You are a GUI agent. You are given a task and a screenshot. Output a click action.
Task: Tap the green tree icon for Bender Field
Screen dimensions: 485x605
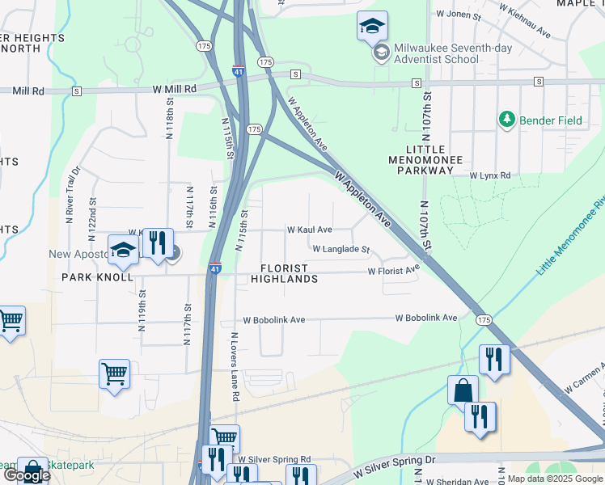click(507, 120)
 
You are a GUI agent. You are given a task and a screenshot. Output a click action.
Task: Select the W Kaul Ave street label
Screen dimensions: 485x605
click(309, 230)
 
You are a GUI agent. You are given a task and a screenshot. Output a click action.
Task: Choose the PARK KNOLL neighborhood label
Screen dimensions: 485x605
click(97, 276)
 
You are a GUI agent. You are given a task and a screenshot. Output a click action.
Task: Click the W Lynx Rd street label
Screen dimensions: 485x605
click(491, 175)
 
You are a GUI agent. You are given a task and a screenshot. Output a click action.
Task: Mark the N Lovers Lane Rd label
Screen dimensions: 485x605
click(235, 367)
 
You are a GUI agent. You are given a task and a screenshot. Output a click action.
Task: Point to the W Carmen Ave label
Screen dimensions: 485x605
click(584, 379)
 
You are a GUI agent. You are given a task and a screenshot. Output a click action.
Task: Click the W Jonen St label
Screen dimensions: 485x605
click(458, 14)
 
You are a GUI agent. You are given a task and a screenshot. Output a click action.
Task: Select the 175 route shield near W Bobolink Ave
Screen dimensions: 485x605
click(484, 321)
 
